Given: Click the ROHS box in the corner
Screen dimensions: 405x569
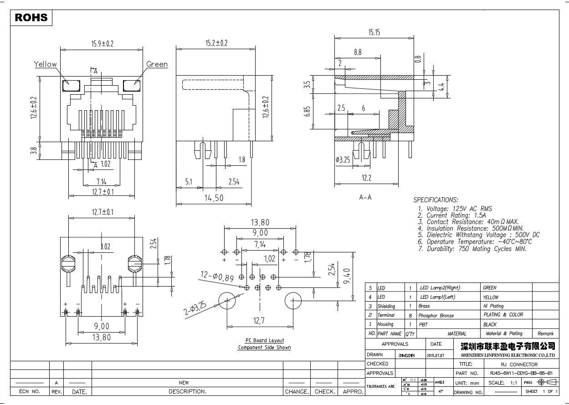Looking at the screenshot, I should (31, 17).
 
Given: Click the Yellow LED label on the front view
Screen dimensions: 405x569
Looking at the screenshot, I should (46, 64).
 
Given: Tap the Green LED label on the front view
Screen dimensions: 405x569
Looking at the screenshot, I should (157, 64).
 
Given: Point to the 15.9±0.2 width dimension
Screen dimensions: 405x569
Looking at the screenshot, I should (102, 44).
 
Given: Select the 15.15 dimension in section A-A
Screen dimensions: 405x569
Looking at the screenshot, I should (374, 32).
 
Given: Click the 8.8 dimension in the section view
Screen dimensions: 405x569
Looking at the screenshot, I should (358, 52).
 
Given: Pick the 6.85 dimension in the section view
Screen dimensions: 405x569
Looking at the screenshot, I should (308, 112).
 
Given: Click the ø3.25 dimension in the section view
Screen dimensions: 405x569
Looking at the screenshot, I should (343, 160).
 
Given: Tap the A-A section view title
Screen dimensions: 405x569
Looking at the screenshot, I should (365, 197).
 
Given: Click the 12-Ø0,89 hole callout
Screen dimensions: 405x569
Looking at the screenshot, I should (217, 276).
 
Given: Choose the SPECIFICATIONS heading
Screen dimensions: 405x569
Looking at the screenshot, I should (435, 200).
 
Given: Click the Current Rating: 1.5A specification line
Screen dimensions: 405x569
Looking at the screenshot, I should (456, 215).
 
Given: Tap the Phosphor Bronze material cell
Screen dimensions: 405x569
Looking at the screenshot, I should (436, 315).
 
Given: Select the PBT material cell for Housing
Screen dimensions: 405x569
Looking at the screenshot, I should (424, 324).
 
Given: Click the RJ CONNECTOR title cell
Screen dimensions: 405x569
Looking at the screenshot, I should (519, 364).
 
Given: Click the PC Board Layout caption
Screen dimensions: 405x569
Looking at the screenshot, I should (264, 340).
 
